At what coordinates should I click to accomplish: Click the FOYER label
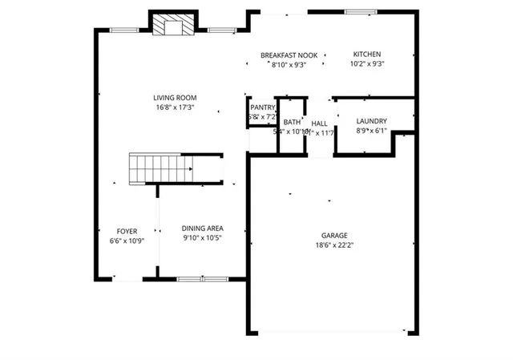pyautogui.click(x=127, y=231)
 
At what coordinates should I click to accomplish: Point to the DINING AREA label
pyautogui.click(x=202, y=228)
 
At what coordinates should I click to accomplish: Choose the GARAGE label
pyautogui.click(x=334, y=235)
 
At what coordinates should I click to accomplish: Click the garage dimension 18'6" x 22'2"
pyautogui.click(x=334, y=245)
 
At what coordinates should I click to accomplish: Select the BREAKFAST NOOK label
pyautogui.click(x=289, y=55)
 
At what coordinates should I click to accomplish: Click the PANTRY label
pyautogui.click(x=263, y=107)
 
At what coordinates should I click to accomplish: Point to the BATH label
pyautogui.click(x=292, y=123)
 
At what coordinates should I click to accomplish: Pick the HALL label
pyautogui.click(x=319, y=123)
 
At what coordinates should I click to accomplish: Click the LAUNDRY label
pyautogui.click(x=371, y=121)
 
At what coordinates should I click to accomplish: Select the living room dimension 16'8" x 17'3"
pyautogui.click(x=175, y=107)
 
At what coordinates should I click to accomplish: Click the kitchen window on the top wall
pyautogui.click(x=361, y=11)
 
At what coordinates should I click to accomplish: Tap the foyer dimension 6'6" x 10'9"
pyautogui.click(x=127, y=241)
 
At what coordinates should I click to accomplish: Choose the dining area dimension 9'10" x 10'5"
pyautogui.click(x=202, y=237)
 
